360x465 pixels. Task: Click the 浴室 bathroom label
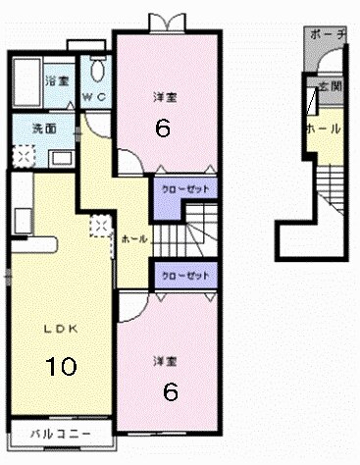57,80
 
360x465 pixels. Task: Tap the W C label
94,96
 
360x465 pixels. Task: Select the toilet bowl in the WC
96,72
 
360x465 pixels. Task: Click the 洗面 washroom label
42,128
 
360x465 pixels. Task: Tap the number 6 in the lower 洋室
170,390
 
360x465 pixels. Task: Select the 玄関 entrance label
333,87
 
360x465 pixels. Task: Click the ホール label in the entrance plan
323,129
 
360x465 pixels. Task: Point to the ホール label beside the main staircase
134,238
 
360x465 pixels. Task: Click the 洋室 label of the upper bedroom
164,97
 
